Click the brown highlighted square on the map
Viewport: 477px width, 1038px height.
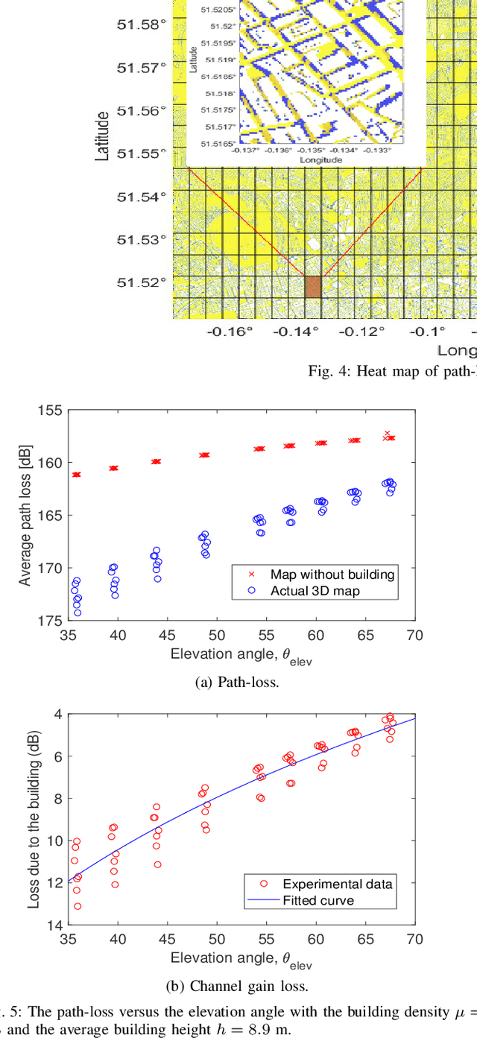coord(313,287)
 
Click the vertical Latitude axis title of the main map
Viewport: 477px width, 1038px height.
coord(104,136)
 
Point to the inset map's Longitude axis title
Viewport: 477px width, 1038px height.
coord(320,159)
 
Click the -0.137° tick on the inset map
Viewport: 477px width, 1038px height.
coord(246,150)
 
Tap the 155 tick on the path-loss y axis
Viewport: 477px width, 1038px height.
coord(51,410)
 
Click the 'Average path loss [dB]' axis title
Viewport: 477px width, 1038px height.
coord(25,514)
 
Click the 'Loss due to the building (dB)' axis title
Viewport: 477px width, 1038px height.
coord(34,818)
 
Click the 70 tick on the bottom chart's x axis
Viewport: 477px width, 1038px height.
coord(414,937)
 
